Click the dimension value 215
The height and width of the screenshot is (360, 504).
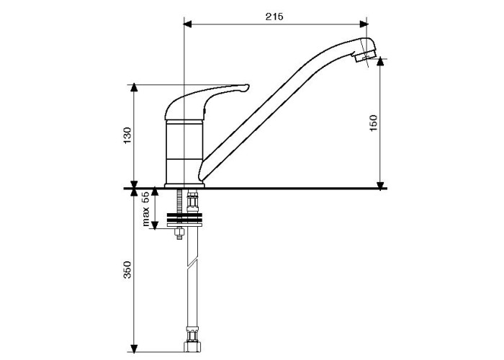pyautogui.click(x=274, y=17)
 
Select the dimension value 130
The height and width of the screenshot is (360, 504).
pyautogui.click(x=127, y=135)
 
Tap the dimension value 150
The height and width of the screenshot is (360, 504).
pyautogui.click(x=374, y=122)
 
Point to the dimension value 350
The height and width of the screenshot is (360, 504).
pyautogui.click(x=127, y=269)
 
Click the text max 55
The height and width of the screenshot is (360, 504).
pyautogui.click(x=146, y=209)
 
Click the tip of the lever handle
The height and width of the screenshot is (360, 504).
pyautogui.click(x=248, y=87)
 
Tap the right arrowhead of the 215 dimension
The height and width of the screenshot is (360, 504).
pyautogui.click(x=364, y=24)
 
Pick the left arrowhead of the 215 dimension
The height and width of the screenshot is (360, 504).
pyautogui.click(x=187, y=24)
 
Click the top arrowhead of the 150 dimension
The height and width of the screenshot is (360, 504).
pyautogui.click(x=381, y=62)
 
